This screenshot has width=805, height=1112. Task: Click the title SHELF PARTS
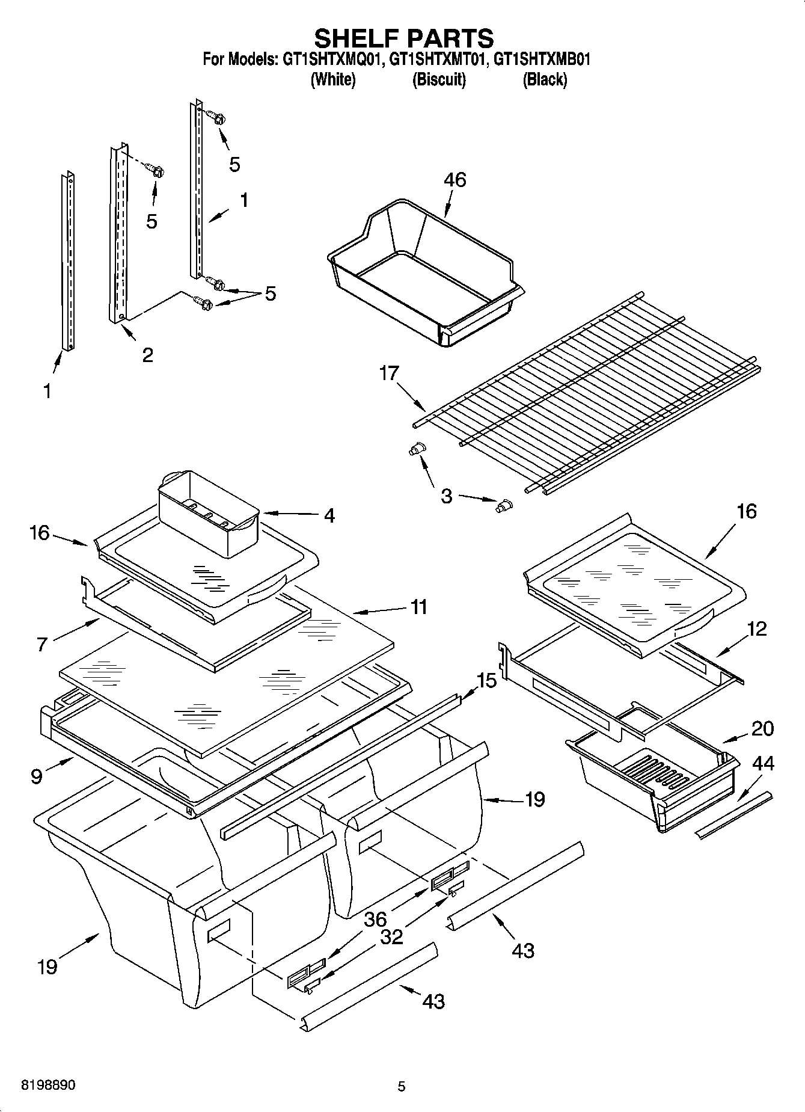403,38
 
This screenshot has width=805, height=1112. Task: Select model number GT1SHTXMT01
436,60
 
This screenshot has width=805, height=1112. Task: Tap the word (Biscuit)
439,79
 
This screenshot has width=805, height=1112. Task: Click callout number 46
455,180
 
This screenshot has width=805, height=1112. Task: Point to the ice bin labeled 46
421,271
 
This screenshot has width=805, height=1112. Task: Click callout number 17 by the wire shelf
389,373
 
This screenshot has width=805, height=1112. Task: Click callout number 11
418,607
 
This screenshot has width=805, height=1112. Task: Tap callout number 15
487,681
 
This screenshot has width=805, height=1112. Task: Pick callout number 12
756,629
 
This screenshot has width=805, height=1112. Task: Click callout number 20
762,728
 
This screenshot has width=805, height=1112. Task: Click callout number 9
37,776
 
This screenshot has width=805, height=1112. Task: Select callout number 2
147,355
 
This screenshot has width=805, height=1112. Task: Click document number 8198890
48,1086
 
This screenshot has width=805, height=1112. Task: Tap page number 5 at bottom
402,1086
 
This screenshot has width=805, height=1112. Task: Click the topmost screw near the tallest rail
216,117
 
